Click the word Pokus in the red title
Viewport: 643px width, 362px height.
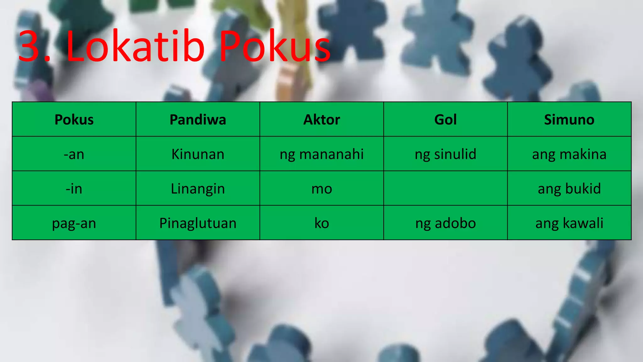tap(274, 47)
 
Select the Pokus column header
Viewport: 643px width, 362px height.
tap(74, 120)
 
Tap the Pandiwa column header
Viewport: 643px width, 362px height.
tap(198, 120)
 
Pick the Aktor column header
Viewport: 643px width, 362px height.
tap(321, 120)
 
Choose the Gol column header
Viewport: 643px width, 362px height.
tap(445, 120)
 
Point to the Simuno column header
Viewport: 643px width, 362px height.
tap(569, 120)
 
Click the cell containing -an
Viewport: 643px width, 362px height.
tap(74, 154)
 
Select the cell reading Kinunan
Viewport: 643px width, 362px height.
tap(198, 154)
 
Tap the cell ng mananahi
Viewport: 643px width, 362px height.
tap(321, 154)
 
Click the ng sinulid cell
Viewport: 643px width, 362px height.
tap(445, 154)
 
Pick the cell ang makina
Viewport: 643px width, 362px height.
tap(569, 154)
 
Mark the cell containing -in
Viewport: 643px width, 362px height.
tap(74, 189)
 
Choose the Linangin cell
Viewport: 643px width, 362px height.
tap(198, 189)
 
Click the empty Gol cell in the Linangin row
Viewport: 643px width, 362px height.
tap(445, 189)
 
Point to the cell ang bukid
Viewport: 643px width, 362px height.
tap(569, 189)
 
